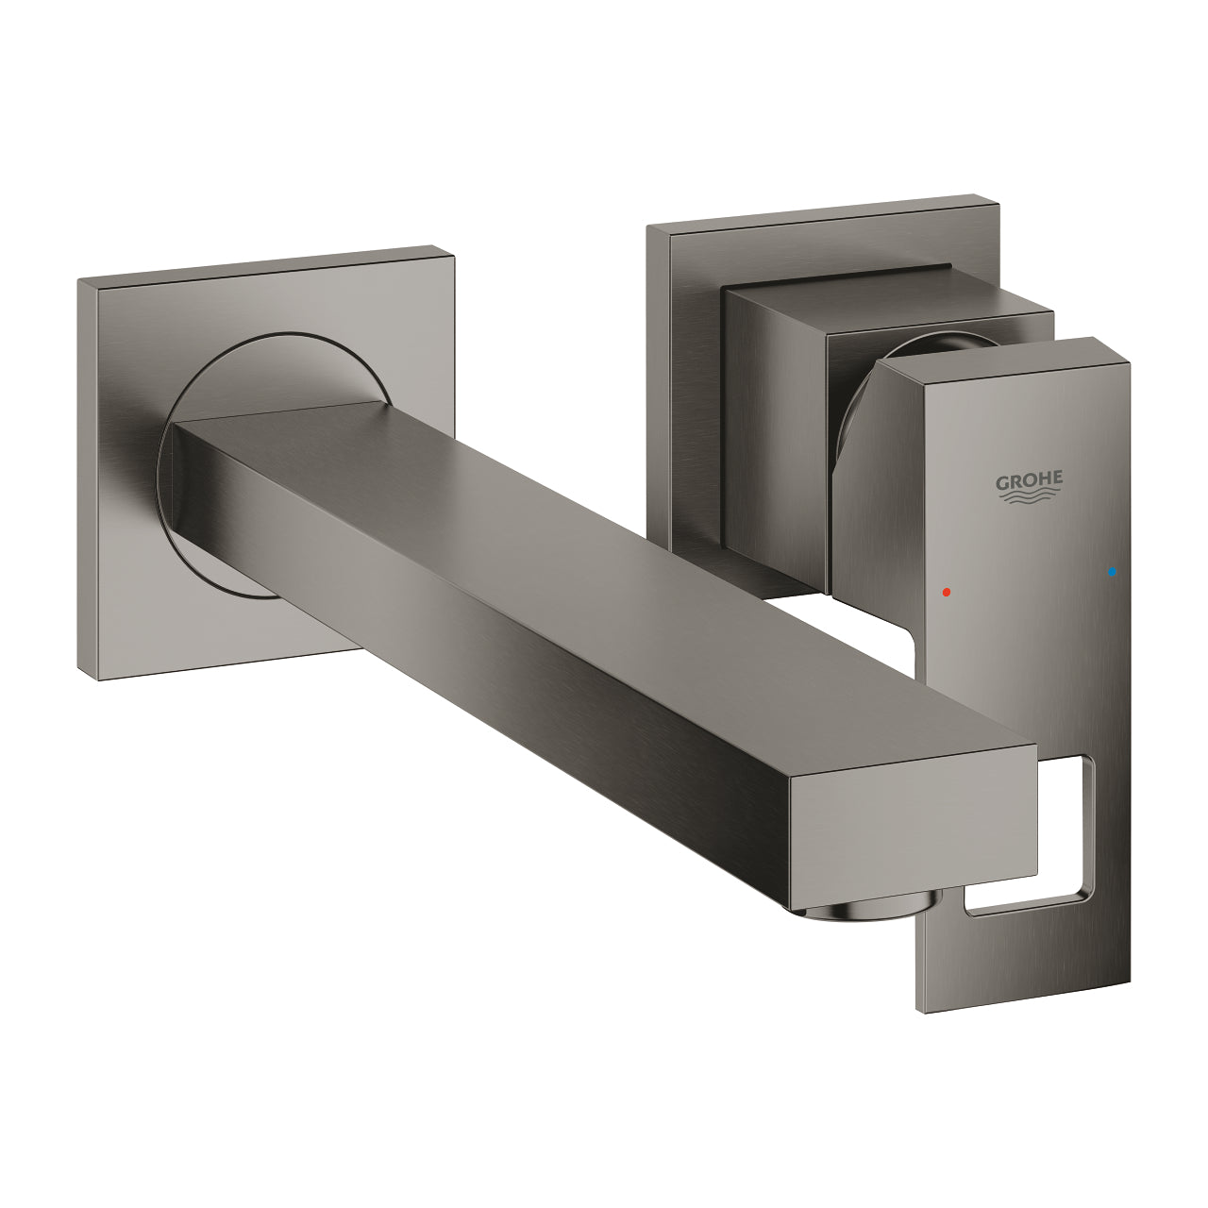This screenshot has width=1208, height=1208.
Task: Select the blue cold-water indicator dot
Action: (x=1114, y=572)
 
